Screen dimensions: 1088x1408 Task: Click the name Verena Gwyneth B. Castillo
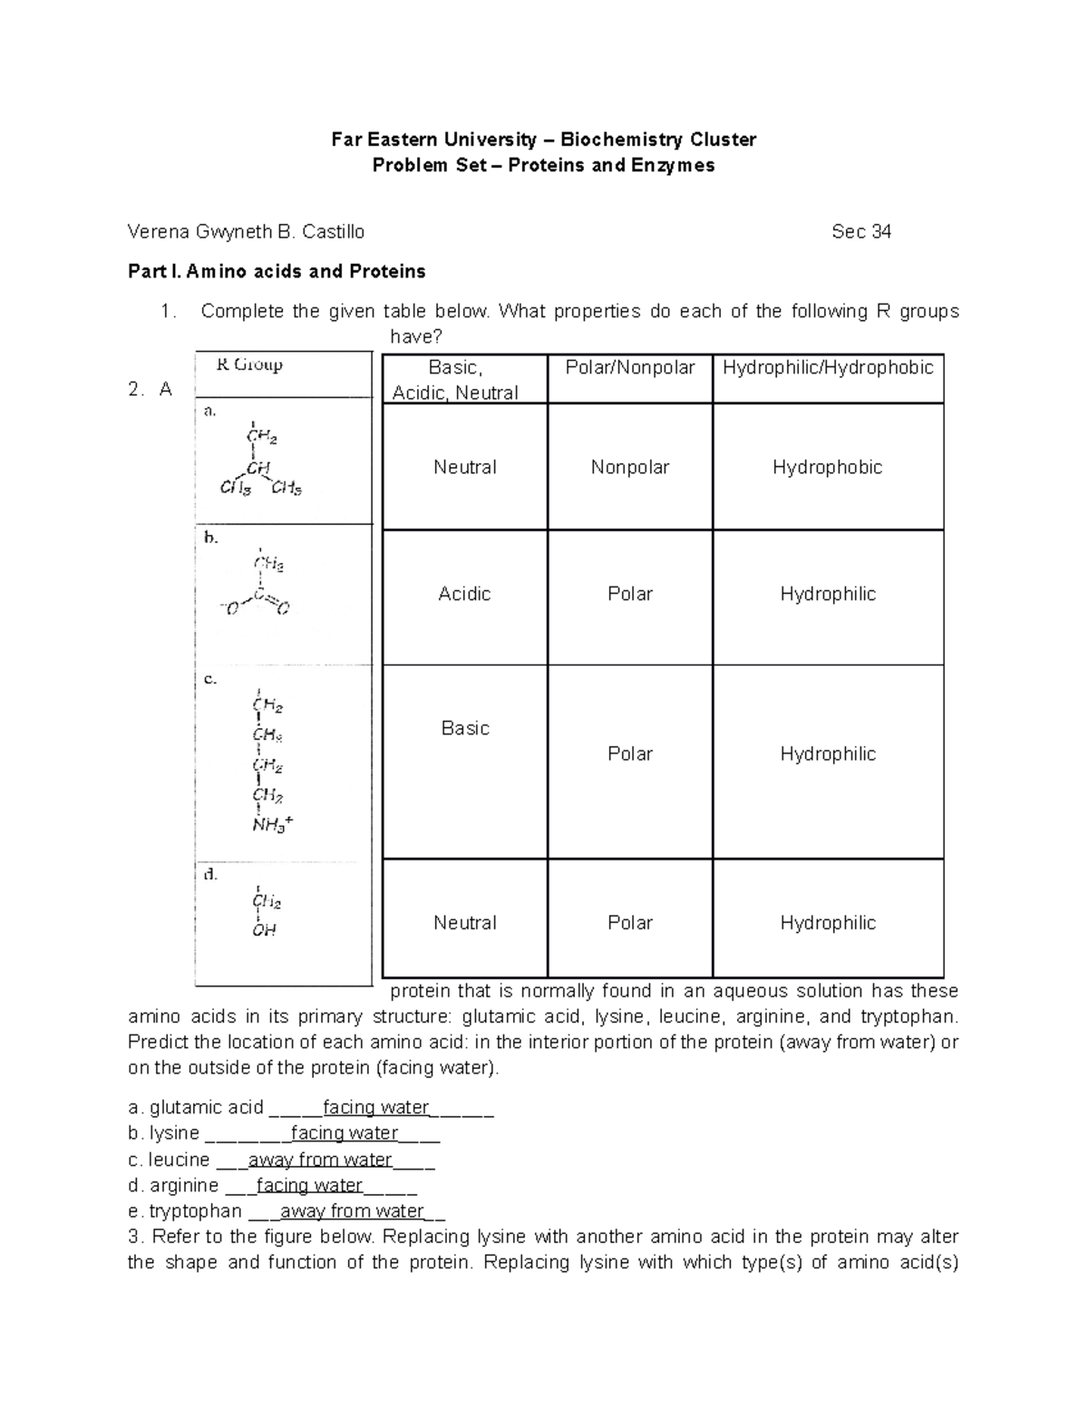click(x=246, y=232)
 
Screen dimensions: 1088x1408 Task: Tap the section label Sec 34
click(x=860, y=232)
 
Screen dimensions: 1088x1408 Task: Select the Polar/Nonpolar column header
click(x=629, y=368)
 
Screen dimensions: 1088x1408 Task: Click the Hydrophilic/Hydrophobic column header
click(x=827, y=368)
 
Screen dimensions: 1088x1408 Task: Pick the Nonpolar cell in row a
click(x=629, y=468)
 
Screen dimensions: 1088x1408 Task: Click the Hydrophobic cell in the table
click(x=827, y=468)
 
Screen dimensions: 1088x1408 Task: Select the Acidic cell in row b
click(x=464, y=595)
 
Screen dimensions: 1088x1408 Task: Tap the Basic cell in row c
click(x=464, y=729)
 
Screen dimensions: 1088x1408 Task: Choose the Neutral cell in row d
click(x=464, y=923)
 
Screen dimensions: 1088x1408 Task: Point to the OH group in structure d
click(x=264, y=930)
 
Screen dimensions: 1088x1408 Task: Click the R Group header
click(x=249, y=365)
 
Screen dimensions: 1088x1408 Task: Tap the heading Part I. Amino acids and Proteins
click(x=277, y=271)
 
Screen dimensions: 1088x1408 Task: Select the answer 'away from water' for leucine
click(x=319, y=1160)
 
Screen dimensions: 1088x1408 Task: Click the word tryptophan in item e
click(x=195, y=1212)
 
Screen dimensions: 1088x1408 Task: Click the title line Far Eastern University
click(x=543, y=140)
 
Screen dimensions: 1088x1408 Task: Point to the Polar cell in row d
click(x=629, y=923)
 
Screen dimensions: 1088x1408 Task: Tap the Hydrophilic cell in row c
click(x=827, y=754)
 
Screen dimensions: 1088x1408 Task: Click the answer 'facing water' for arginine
click(x=309, y=1186)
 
